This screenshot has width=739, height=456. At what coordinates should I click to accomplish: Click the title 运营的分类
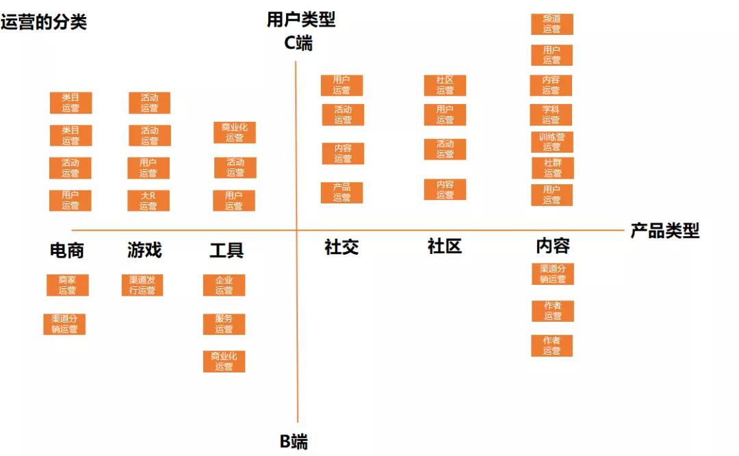pos(44,22)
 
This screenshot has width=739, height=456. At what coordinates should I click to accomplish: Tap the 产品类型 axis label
pos(664,231)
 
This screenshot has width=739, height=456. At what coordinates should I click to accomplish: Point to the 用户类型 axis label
pos(301,19)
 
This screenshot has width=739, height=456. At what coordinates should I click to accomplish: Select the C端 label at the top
pos(298,42)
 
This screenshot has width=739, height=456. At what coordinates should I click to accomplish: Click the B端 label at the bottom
pos(294,442)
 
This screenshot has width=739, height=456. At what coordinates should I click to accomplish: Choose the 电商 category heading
pos(67,251)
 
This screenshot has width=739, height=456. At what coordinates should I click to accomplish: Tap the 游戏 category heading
pos(144,250)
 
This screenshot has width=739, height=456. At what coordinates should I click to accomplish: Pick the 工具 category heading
pos(226,251)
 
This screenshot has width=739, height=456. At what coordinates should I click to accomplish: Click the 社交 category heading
pos(341,247)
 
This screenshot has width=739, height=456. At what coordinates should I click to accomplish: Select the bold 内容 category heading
pos(553,246)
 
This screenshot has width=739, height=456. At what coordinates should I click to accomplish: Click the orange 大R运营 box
pos(149,201)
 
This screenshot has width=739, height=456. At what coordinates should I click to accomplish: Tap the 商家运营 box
pos(68,285)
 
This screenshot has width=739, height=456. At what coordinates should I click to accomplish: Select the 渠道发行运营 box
pos(142,285)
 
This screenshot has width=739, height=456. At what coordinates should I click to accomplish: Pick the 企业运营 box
pos(224,285)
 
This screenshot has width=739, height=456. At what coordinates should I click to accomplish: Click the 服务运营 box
pos(224,324)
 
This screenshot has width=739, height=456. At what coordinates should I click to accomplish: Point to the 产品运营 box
pos(342,192)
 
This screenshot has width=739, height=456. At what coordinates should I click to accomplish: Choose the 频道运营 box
pos(552,24)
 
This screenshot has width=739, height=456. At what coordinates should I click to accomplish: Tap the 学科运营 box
pos(552,114)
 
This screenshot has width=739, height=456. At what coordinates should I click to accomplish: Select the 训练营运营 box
pos(552,142)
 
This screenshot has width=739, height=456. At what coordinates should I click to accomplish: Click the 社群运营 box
pos(553,168)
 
